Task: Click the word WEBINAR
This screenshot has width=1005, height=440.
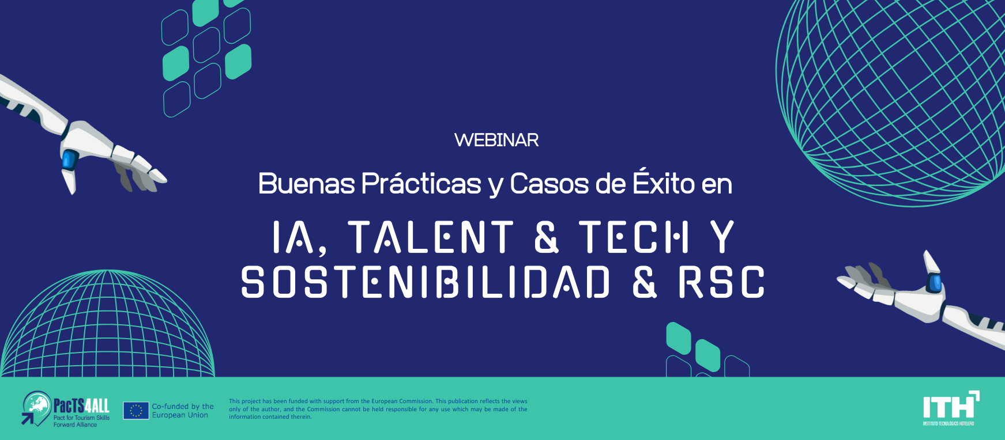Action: point(496,140)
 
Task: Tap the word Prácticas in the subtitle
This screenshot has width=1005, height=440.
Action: point(421,184)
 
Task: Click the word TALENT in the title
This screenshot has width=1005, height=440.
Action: point(431,237)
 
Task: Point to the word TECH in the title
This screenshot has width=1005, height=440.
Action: point(634,237)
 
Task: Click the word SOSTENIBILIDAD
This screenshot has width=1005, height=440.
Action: point(426,282)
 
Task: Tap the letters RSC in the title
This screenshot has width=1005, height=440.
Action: point(721,282)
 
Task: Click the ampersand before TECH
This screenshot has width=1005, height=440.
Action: point(547,237)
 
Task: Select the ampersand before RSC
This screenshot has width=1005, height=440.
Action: point(645,282)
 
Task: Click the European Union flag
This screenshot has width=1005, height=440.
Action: point(136,411)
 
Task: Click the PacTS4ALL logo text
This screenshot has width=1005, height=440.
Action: point(81,405)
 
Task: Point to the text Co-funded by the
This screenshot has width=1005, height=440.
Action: point(183,407)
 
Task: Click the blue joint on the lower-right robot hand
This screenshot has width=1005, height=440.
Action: point(934,283)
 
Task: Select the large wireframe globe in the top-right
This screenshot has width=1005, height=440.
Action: point(891,101)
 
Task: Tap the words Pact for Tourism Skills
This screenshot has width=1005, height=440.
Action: point(81,418)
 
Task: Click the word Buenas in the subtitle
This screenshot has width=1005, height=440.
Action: point(306,184)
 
